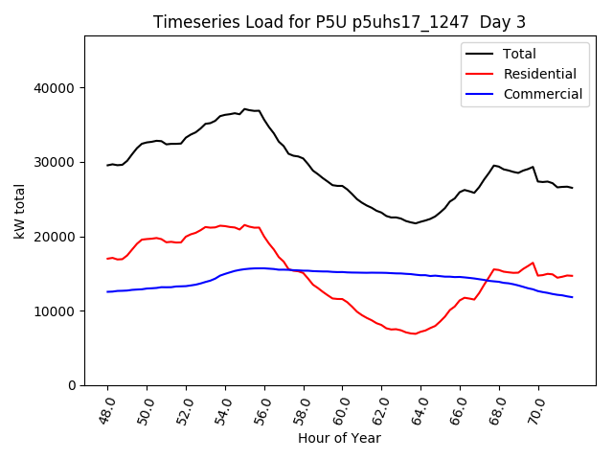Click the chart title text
340,22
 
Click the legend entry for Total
520,54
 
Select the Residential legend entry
539,74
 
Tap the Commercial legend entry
543,94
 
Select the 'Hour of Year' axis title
339,439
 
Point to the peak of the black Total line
244,109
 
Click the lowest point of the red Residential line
414,333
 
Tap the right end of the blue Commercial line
573,297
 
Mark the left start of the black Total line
107,165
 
